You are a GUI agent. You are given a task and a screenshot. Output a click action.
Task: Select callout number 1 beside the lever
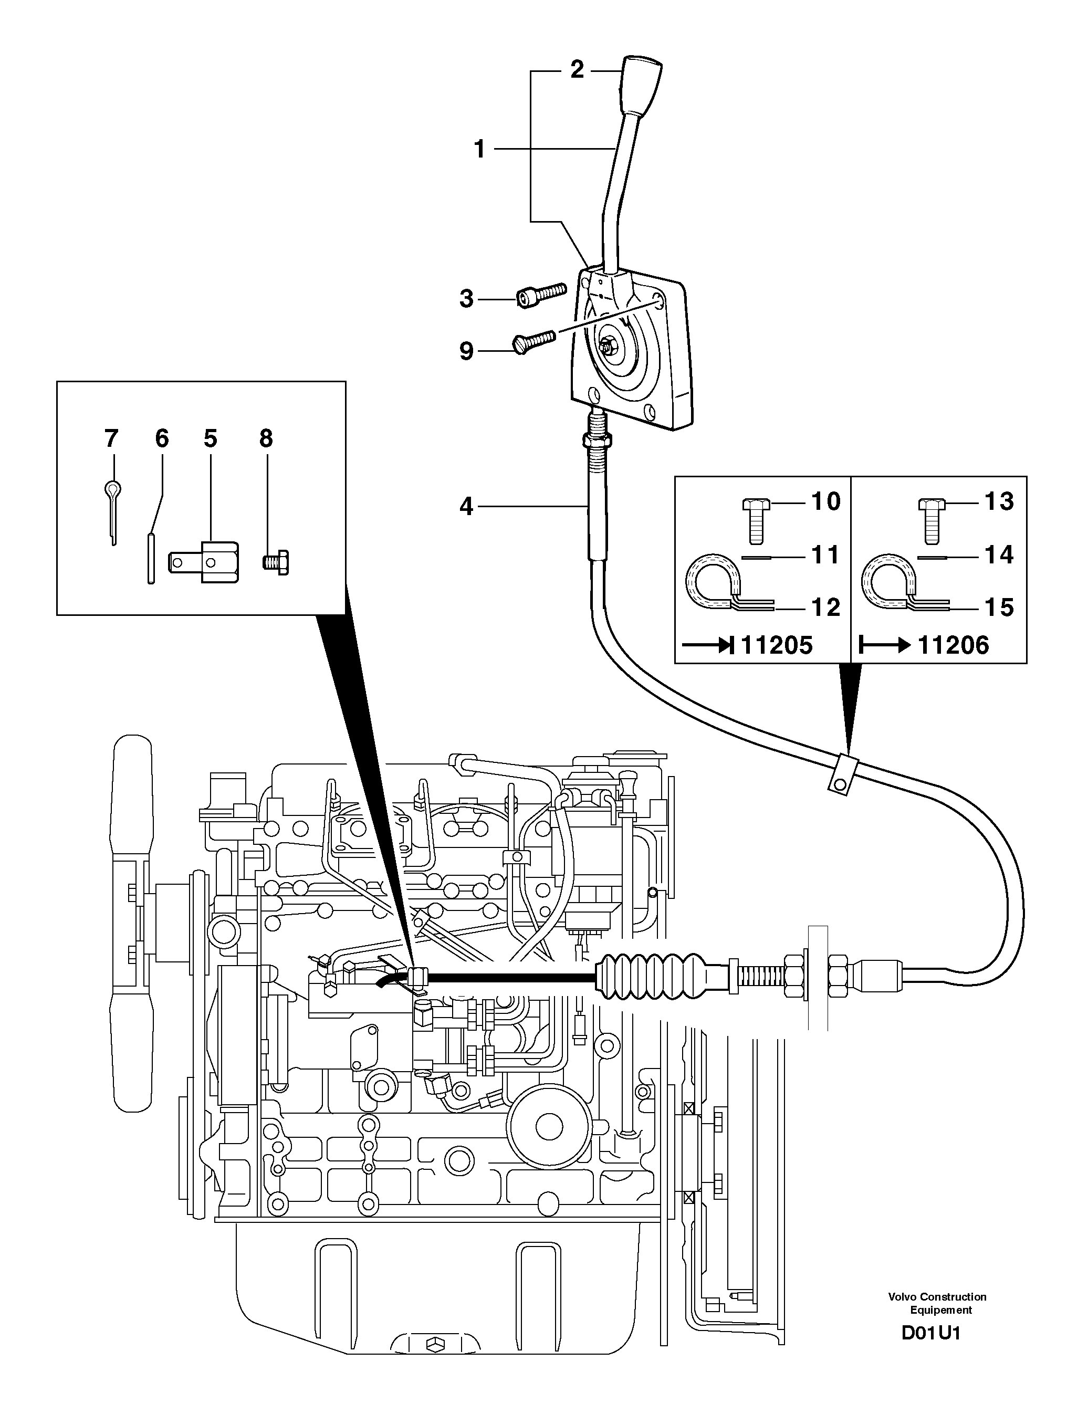tap(479, 150)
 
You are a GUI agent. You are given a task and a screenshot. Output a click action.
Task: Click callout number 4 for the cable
tap(466, 507)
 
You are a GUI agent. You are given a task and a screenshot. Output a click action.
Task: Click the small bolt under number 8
tap(277, 562)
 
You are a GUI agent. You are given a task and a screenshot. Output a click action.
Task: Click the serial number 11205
tap(776, 645)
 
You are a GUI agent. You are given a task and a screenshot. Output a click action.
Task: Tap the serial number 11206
tap(953, 645)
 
